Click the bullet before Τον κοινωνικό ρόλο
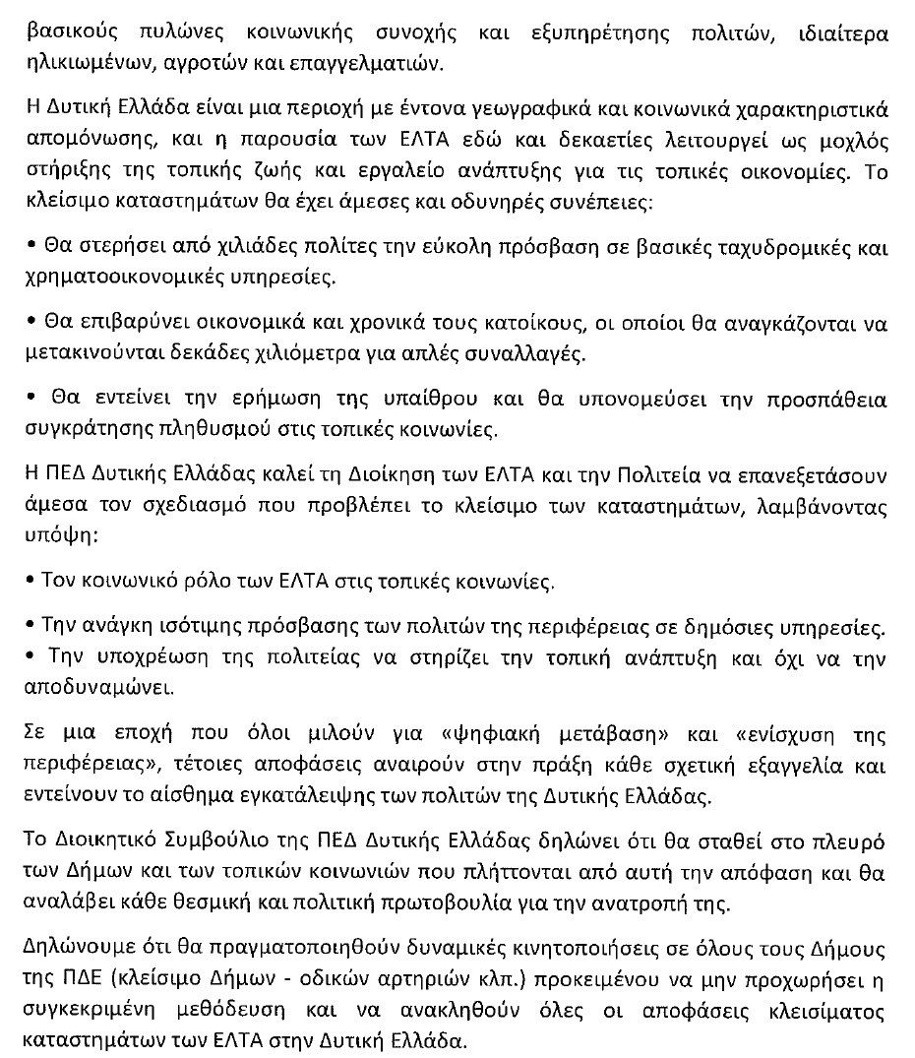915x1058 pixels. click(x=32, y=581)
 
